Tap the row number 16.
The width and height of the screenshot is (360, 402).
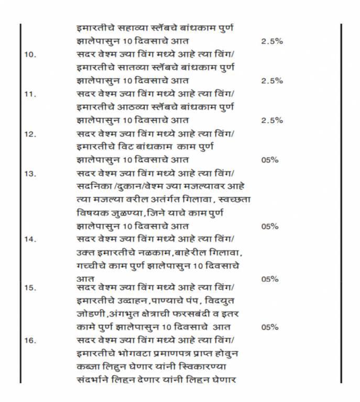[30, 340]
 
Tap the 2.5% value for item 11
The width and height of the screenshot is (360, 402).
[271, 120]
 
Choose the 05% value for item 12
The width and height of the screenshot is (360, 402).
[269, 160]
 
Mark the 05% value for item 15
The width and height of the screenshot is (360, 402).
[269, 327]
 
